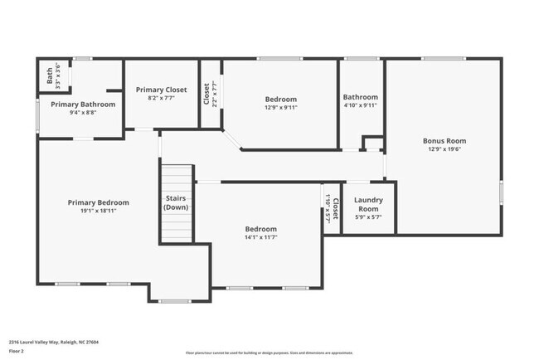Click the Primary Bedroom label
(x=98, y=202)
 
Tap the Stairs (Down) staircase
(x=176, y=202)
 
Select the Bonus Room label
(x=443, y=141)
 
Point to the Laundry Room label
(x=367, y=204)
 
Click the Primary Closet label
(x=162, y=90)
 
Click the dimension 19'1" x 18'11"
(x=98, y=211)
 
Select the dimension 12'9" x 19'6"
(x=443, y=149)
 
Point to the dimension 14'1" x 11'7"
(x=260, y=237)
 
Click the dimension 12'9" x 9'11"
(x=280, y=107)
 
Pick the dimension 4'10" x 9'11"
(x=361, y=105)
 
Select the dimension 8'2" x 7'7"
(x=162, y=98)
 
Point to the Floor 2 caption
(x=17, y=351)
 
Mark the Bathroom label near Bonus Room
(x=361, y=97)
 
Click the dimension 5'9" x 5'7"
(x=367, y=217)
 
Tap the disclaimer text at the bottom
(x=269, y=352)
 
